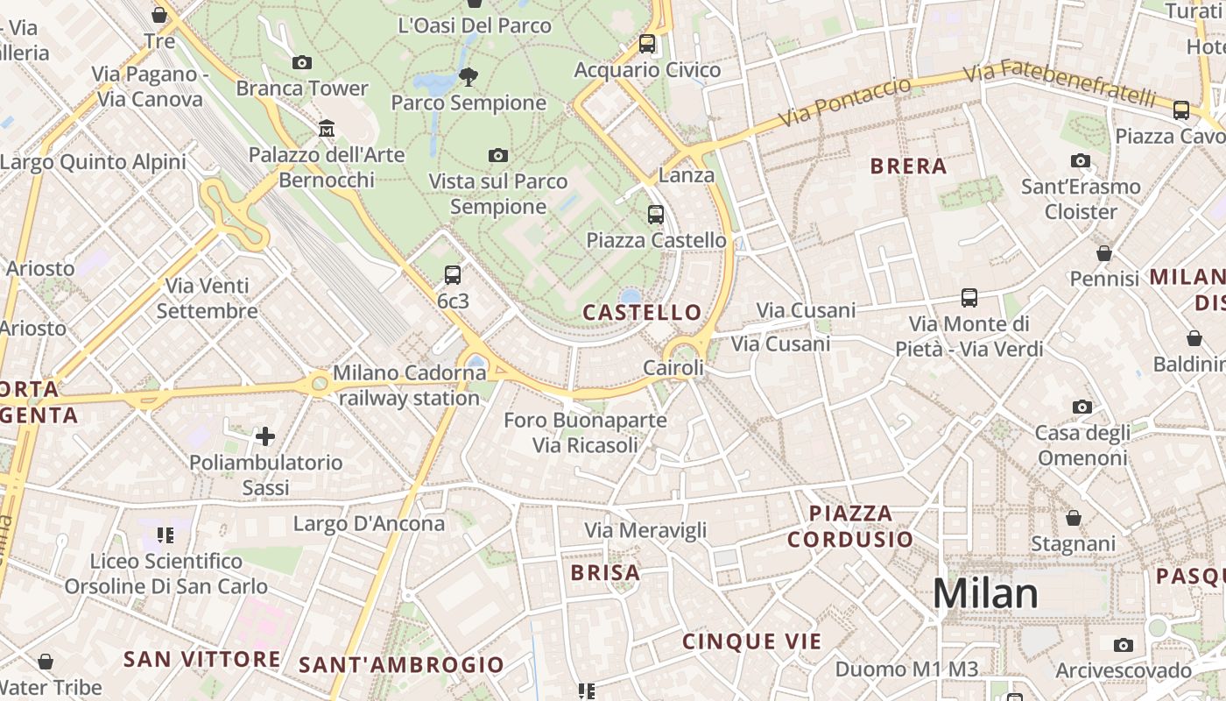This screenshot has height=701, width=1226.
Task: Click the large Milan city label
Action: pos(985,593)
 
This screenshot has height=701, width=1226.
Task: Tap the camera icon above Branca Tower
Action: pos(302,62)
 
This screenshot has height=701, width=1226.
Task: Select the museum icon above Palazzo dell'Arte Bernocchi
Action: pos(327,129)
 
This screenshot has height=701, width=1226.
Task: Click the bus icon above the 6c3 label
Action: pos(453,275)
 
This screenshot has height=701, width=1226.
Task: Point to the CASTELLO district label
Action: pos(643,312)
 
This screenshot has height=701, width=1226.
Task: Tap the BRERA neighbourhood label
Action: pos(908,166)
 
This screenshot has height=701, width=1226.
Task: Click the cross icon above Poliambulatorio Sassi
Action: pos(265,435)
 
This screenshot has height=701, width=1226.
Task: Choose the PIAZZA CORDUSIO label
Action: pos(849,526)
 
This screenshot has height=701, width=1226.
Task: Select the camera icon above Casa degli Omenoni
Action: pos(1082,407)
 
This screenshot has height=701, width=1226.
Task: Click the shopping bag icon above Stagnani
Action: pos(1074,518)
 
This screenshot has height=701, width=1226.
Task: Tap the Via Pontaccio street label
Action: pos(845,102)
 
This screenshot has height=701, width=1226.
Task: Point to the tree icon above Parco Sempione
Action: pos(469,76)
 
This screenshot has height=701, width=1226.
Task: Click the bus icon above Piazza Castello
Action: pos(656,214)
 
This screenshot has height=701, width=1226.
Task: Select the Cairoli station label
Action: pos(673,368)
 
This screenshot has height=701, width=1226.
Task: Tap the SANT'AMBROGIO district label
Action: pos(402,664)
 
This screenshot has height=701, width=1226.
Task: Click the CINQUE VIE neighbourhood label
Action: pos(752,641)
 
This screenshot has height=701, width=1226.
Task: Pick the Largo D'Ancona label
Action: pos(369,524)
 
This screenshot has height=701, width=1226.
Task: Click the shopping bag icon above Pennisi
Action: pos(1104,253)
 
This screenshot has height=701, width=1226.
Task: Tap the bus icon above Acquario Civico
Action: pos(647,43)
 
